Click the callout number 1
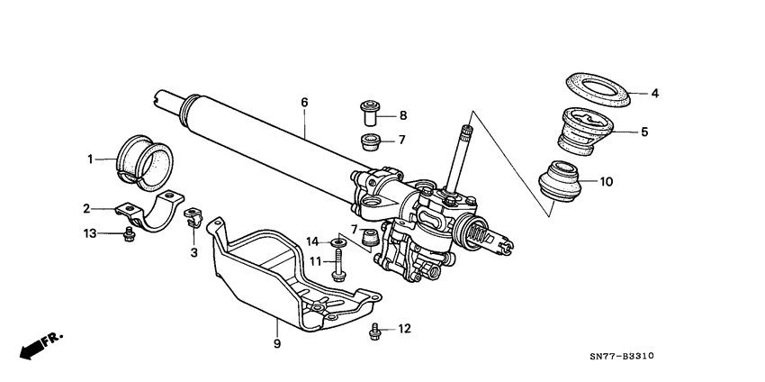coord(90,159)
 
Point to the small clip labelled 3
coord(192,216)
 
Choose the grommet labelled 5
coord(586,131)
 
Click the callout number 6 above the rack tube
coord(304,103)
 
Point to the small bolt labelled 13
coord(129,234)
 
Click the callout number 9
coord(277,343)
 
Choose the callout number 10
coord(606,181)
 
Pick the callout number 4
coord(655,93)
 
